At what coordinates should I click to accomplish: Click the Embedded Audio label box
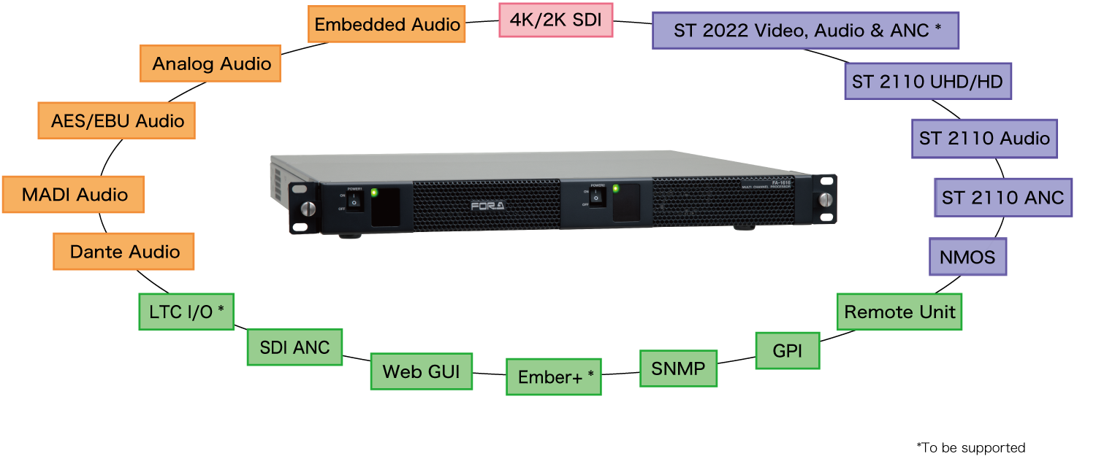tap(387, 25)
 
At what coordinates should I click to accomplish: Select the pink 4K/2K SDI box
tap(555, 20)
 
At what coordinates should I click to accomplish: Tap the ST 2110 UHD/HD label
tap(927, 81)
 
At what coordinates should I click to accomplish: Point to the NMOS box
tap(967, 257)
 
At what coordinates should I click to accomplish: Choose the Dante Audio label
tap(124, 252)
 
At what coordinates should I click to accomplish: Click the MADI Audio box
tap(74, 195)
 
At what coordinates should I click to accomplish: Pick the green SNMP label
tap(678, 368)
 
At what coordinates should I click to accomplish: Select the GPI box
tap(787, 351)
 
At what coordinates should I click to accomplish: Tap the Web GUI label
tap(421, 371)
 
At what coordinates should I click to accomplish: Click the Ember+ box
tap(554, 377)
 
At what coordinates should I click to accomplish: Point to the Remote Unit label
tap(899, 312)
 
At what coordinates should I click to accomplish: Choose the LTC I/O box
tap(186, 312)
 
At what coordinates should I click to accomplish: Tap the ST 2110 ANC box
tap(1002, 198)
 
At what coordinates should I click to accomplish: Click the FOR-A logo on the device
tap(487, 206)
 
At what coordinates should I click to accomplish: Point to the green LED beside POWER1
tap(374, 193)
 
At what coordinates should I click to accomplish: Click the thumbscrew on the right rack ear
tap(826, 199)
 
